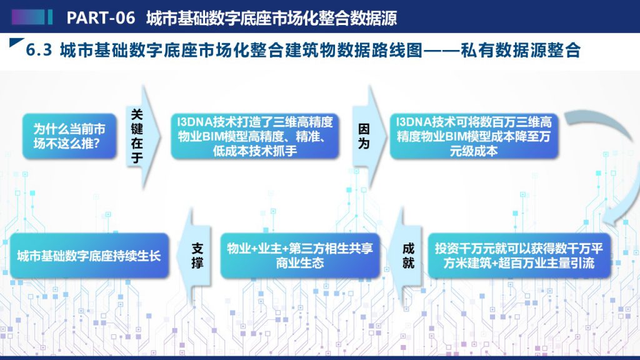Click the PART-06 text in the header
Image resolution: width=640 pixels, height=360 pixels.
pos(101,17)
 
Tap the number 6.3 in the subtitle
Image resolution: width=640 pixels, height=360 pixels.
pos(39,50)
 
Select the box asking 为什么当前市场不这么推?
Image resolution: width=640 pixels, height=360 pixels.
pos(69,136)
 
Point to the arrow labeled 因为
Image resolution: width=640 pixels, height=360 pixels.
pos(369,136)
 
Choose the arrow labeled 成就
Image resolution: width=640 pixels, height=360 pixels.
pos(407,256)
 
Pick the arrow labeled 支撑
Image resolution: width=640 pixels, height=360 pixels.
pos(195,256)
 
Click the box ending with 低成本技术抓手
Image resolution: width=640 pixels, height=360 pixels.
pos(255,136)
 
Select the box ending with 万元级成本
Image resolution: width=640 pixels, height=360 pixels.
pos(474,136)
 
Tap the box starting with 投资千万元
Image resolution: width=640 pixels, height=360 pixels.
pos(519,256)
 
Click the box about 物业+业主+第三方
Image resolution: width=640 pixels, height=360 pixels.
pos(300,256)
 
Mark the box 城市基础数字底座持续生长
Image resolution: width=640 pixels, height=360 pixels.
pos(89,256)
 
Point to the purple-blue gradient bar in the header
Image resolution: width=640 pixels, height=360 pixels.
pos(28,17)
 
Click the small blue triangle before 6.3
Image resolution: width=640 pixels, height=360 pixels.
pos(16,42)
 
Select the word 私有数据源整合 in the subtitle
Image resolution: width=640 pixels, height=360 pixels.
pos(521,50)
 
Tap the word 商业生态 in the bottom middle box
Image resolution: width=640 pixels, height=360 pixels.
pos(300,263)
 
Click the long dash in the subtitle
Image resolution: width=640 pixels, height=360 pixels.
pos(441,50)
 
